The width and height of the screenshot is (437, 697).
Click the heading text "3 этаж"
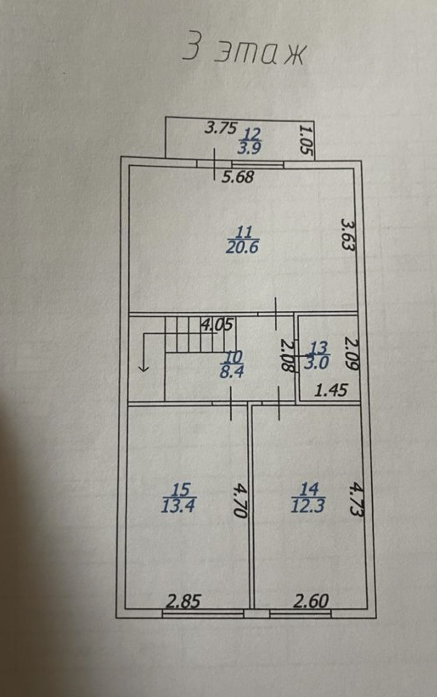click(x=244, y=52)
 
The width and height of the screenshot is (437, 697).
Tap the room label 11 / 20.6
click(x=243, y=240)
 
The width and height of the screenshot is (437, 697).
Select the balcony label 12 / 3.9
click(x=249, y=140)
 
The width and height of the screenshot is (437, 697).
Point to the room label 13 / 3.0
click(x=319, y=355)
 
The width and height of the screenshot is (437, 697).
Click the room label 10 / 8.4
click(x=232, y=364)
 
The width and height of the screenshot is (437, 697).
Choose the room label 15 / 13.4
click(x=178, y=498)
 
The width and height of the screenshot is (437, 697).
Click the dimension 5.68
click(x=238, y=177)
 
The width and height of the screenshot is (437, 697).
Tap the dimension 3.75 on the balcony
click(x=220, y=128)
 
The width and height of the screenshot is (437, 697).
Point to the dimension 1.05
click(x=307, y=139)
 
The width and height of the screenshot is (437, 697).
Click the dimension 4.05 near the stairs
click(x=217, y=325)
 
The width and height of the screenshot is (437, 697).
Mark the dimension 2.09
click(x=352, y=353)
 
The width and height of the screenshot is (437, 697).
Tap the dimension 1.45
click(x=331, y=390)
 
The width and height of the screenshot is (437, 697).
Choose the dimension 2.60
click(x=310, y=601)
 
